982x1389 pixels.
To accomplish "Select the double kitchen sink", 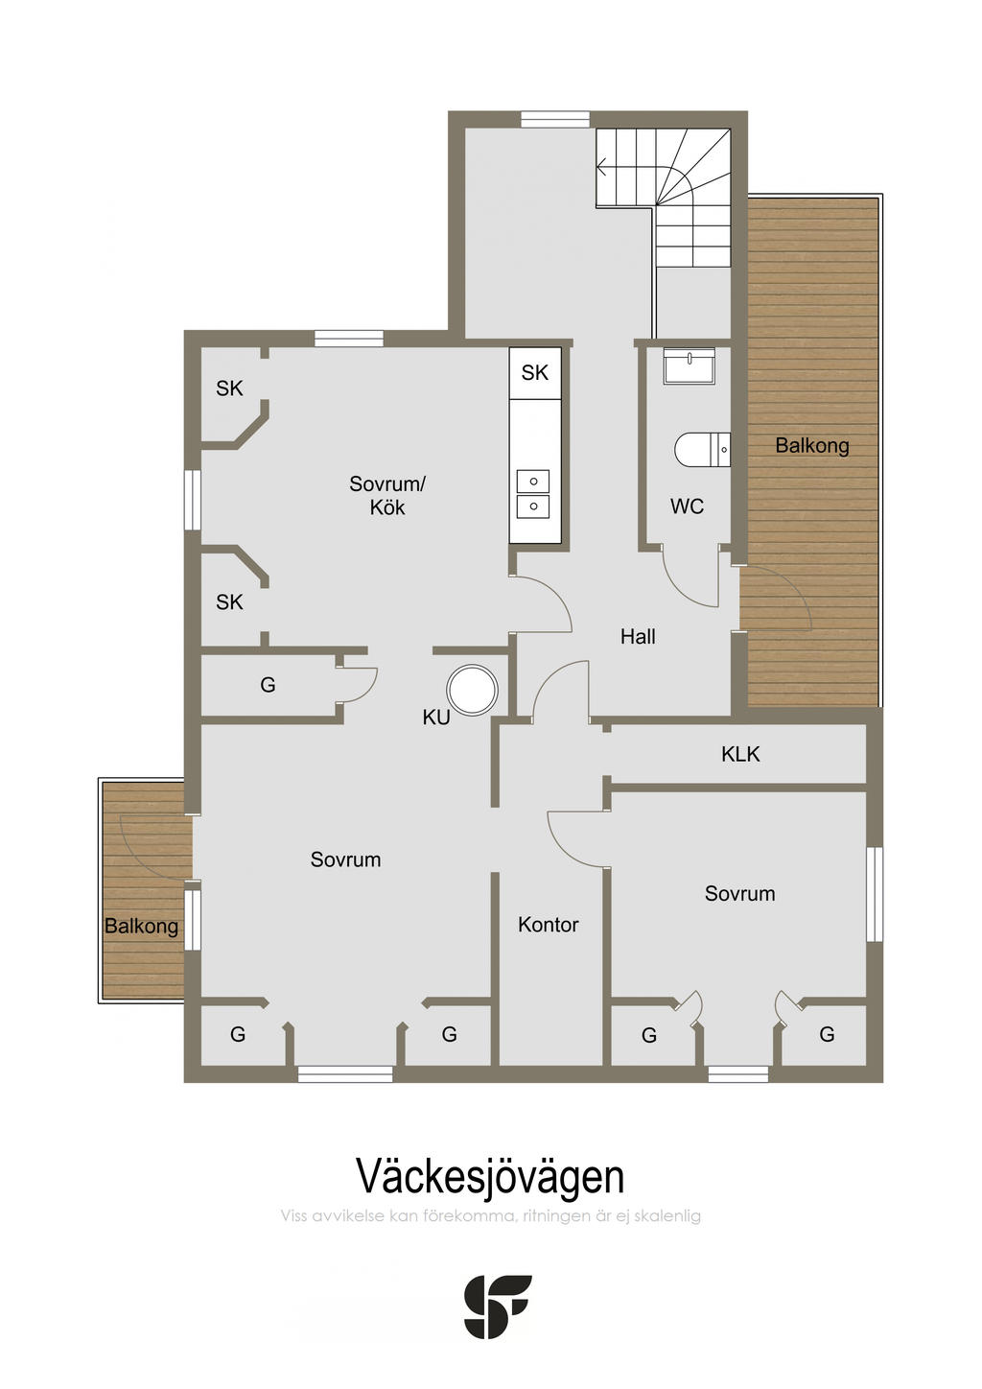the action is point(532,494).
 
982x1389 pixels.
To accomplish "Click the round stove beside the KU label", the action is point(473,690).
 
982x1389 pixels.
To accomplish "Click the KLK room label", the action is point(740,754).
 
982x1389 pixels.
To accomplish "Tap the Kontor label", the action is point(548,925).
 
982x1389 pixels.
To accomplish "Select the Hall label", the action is point(638,636).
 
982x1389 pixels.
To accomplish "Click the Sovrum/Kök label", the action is point(387,495).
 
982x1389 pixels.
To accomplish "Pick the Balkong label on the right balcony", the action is point(812,445).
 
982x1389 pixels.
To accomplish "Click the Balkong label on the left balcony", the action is point(141,926).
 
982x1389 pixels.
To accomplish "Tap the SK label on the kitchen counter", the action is point(534,373).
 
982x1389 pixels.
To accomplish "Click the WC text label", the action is point(687,506).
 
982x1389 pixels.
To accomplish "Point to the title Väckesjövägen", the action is point(490,1176).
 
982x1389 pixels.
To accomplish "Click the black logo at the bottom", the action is point(497,1307).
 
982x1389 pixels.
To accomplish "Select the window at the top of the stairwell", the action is point(555,120).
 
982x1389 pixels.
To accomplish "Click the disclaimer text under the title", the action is point(490,1216).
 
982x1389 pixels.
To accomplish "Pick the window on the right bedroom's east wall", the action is point(875,894).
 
